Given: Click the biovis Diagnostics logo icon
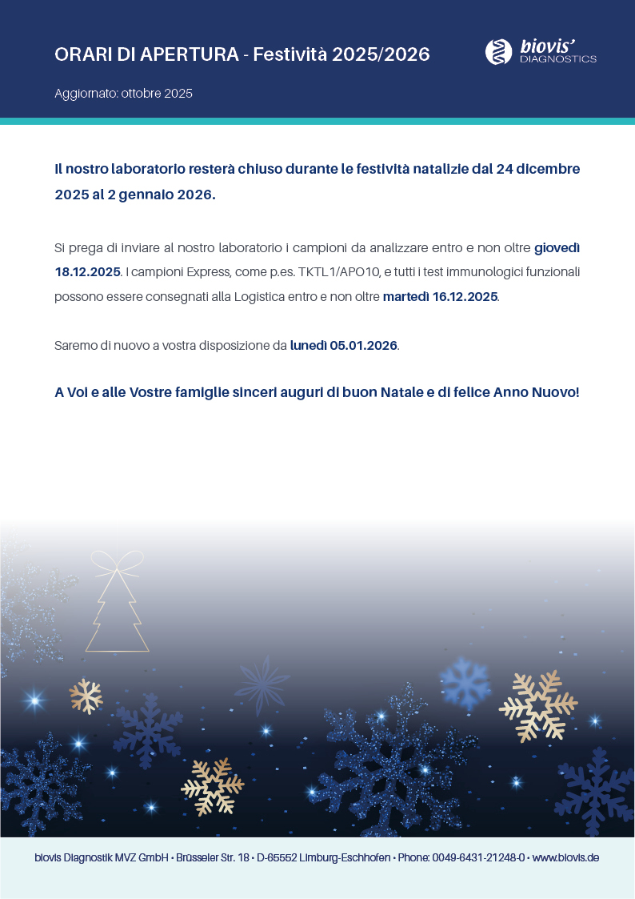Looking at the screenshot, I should point(499,52).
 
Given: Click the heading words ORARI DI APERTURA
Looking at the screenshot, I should point(146,54).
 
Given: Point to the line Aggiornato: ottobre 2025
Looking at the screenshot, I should point(123,94).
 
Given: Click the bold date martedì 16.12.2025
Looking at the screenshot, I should point(441,296).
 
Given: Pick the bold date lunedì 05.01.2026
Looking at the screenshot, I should point(344,346).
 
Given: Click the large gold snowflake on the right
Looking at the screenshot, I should point(537,705).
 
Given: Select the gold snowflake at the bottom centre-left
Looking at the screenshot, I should point(212,786).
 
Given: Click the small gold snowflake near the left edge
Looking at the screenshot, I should point(86,696).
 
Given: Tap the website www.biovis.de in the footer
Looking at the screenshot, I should point(565,857).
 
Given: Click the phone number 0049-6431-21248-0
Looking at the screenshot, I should point(478,857).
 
